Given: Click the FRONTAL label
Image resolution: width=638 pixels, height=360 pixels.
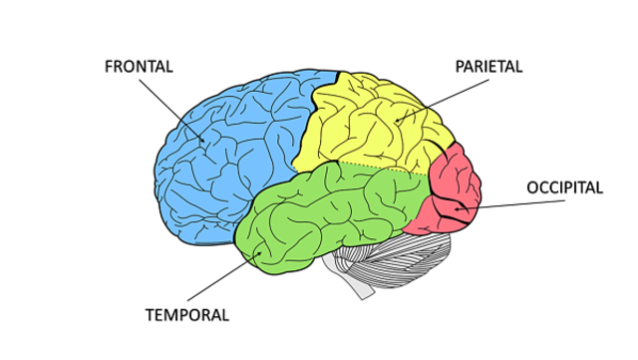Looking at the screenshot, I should [x=139, y=67].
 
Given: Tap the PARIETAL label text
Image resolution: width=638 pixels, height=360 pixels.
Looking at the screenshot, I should [x=488, y=67].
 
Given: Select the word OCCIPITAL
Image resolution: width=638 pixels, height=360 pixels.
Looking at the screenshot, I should [x=564, y=187].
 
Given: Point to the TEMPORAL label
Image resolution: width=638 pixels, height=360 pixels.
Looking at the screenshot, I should [x=187, y=315].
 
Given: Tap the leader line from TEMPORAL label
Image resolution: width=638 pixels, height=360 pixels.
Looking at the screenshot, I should [x=219, y=279].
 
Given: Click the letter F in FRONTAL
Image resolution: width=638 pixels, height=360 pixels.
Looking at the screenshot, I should [x=109, y=67].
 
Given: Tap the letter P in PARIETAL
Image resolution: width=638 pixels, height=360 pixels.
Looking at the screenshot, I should [x=460, y=67].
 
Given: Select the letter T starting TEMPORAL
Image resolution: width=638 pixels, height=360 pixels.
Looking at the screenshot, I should [x=150, y=315].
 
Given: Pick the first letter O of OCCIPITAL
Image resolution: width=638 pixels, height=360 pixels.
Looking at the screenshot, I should [x=532, y=187].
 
